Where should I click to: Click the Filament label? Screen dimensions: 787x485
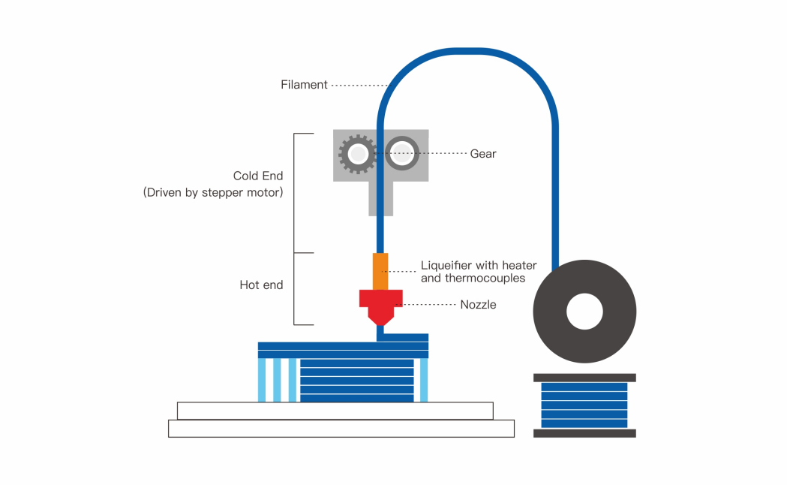pyautogui.click(x=304, y=85)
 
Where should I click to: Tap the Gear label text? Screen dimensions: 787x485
pyautogui.click(x=483, y=154)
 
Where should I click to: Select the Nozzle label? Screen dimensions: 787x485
pyautogui.click(x=478, y=305)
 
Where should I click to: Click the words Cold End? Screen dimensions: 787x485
pyautogui.click(x=258, y=176)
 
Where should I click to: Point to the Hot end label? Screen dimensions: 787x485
pyautogui.click(x=261, y=285)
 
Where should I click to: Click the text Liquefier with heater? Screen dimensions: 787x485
pyautogui.click(x=479, y=265)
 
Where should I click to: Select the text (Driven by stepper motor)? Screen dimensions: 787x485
pyautogui.click(x=213, y=192)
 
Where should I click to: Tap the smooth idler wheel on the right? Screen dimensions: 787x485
pyautogui.click(x=402, y=139)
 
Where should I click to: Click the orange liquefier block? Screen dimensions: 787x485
pyautogui.click(x=380, y=272)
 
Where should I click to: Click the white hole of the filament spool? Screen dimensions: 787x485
pyautogui.click(x=584, y=312)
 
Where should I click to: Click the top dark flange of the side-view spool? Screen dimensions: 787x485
pyautogui.click(x=584, y=378)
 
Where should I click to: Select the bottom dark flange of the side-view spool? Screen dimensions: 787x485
pyautogui.click(x=584, y=433)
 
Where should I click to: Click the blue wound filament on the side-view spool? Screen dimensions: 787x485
pyautogui.click(x=584, y=405)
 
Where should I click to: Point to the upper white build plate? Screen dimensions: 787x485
pyautogui.click(x=335, y=411)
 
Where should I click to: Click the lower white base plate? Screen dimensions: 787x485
pyautogui.click(x=341, y=429)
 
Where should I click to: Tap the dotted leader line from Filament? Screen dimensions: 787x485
pyautogui.click(x=360, y=86)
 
